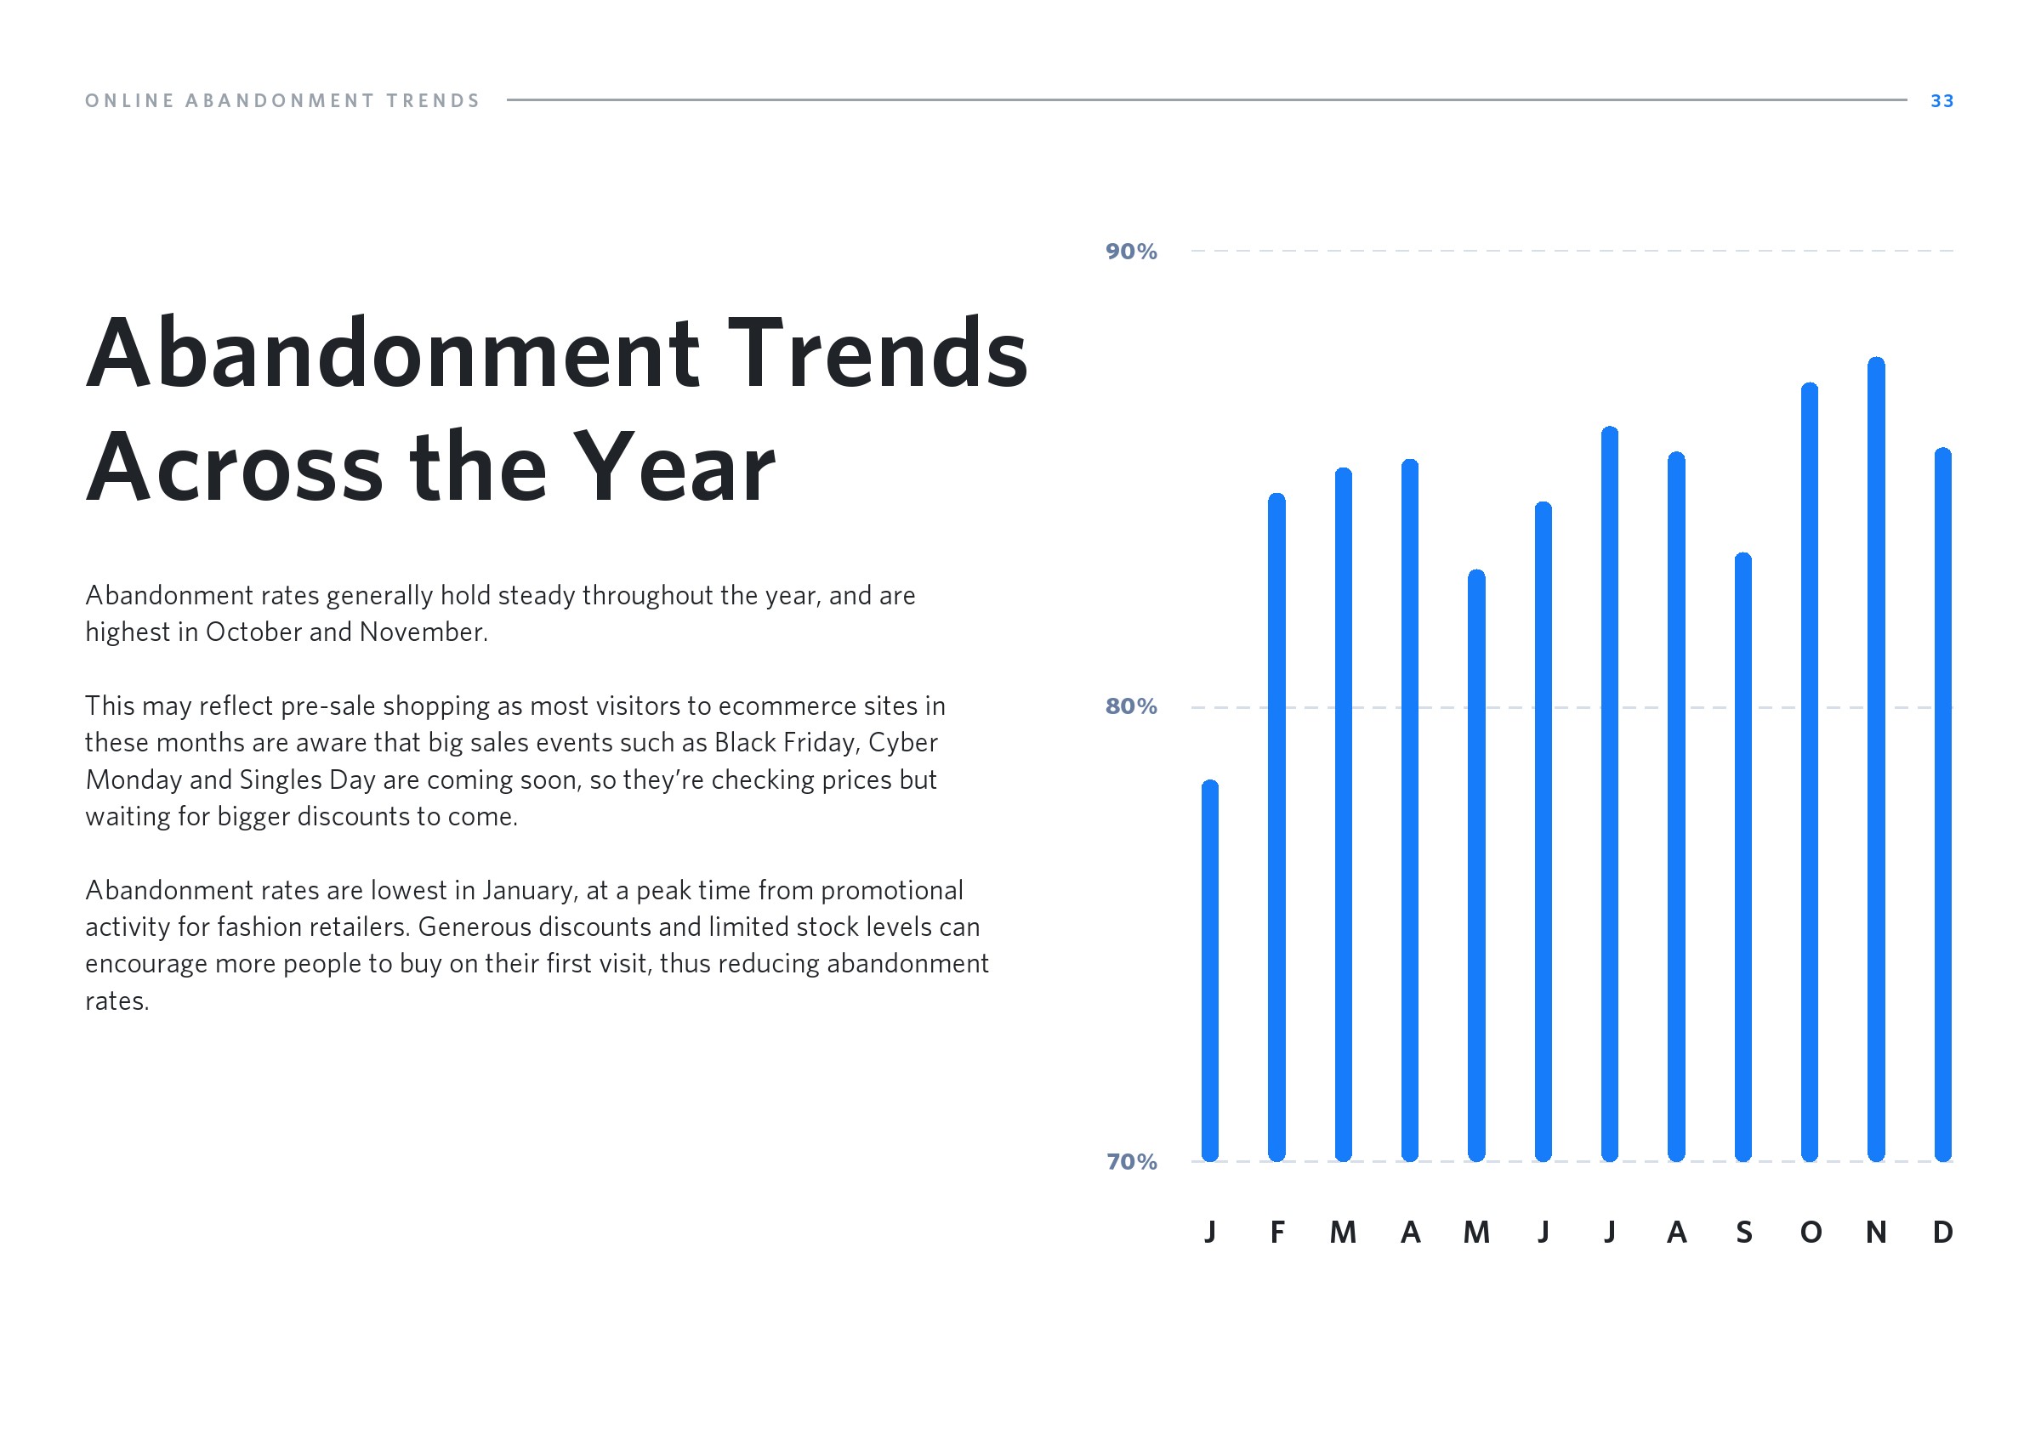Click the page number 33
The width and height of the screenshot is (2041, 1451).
click(x=1941, y=101)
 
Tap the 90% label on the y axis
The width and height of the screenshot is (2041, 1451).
click(x=1130, y=252)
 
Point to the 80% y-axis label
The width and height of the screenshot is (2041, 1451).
click(x=1130, y=706)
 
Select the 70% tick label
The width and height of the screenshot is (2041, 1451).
click(x=1131, y=1161)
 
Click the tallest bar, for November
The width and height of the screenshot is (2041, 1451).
click(x=1876, y=759)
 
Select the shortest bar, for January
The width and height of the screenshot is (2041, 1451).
click(x=1210, y=971)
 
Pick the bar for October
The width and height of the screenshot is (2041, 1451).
click(x=1810, y=772)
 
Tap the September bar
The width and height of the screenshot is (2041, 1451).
click(x=1743, y=858)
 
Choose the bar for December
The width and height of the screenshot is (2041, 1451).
click(x=1942, y=804)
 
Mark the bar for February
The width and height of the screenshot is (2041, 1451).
click(x=1277, y=827)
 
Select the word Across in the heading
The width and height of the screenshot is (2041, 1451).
click(x=235, y=467)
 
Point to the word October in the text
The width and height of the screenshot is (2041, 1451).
click(x=253, y=632)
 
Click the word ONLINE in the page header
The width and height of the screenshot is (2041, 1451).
click(x=129, y=101)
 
